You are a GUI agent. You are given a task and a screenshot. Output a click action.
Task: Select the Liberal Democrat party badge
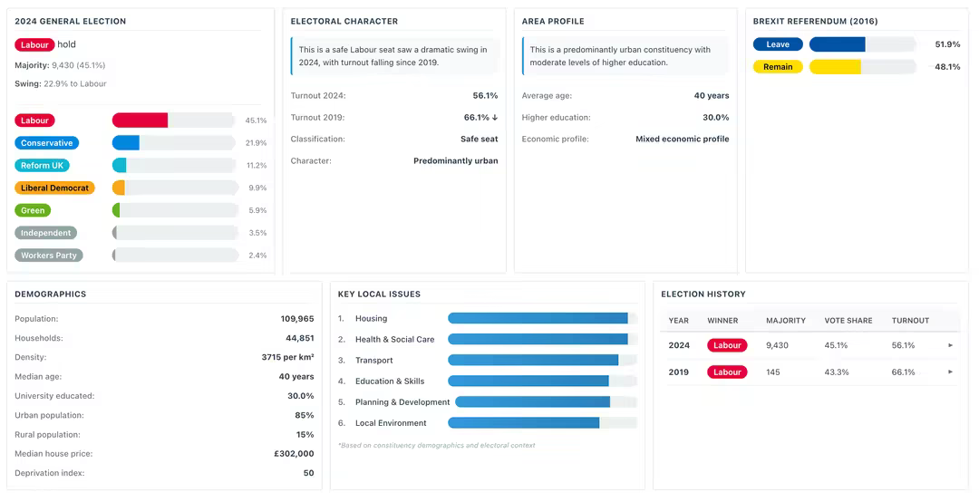(55, 188)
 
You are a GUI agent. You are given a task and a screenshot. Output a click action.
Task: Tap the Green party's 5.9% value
(257, 210)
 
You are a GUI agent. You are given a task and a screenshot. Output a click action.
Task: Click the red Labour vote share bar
(140, 121)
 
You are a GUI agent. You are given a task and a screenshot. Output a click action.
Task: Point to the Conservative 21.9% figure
(256, 143)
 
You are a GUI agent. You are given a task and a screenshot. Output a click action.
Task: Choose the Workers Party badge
(49, 256)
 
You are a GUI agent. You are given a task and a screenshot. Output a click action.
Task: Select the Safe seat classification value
(479, 140)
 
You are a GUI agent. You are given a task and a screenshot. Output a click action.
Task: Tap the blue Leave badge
(778, 44)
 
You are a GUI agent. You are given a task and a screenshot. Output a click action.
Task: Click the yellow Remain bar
(835, 67)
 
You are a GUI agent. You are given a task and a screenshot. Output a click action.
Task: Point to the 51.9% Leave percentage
(947, 44)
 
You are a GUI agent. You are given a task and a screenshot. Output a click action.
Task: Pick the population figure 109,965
(297, 319)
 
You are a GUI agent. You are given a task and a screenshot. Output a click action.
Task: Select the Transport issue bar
(533, 361)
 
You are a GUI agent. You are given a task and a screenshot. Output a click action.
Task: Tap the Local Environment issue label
(391, 423)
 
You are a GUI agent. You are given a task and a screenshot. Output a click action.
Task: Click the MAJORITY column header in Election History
(786, 321)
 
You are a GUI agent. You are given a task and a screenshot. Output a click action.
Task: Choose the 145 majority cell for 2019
(773, 372)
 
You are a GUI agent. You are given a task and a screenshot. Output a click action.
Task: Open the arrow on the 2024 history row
(950, 345)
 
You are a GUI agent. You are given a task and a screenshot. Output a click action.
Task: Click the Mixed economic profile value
(682, 140)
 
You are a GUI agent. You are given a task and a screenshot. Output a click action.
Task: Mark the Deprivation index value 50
(308, 473)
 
